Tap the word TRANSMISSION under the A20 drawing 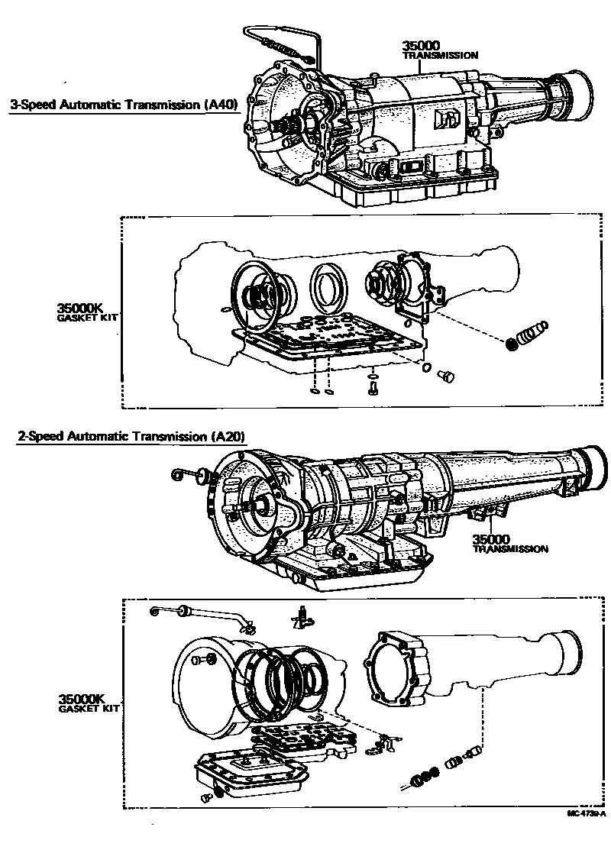click(x=510, y=548)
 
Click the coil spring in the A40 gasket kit click(x=527, y=336)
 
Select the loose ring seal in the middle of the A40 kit click(x=330, y=287)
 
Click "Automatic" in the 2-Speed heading click(x=99, y=437)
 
